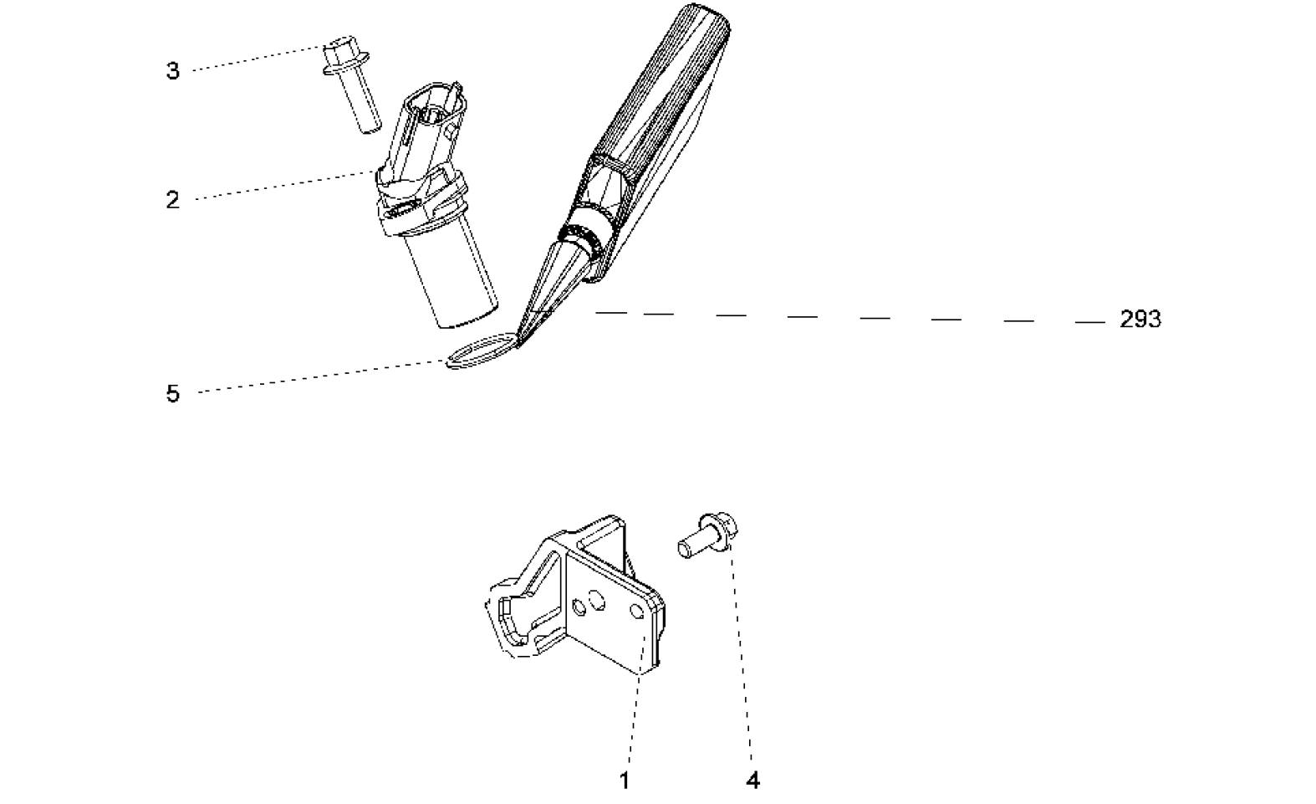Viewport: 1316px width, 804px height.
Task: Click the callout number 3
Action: tap(172, 70)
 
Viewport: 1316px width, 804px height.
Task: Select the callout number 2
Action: tap(172, 200)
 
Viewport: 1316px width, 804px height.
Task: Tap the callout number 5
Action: tap(172, 393)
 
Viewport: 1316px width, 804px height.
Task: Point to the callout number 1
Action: tap(625, 781)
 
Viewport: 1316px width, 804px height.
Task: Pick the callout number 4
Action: tap(752, 781)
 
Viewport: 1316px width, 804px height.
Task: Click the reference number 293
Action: tap(1140, 319)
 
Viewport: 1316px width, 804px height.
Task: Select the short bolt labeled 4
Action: tap(708, 535)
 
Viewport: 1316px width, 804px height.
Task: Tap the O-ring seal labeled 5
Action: tap(481, 351)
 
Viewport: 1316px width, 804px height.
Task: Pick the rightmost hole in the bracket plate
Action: tap(637, 611)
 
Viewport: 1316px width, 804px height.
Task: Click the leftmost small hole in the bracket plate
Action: tap(579, 607)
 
